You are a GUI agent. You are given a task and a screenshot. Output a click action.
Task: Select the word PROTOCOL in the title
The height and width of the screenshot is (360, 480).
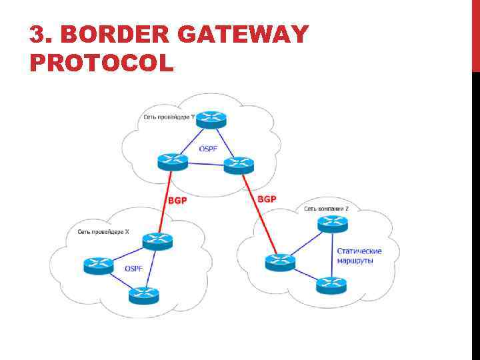point(101,63)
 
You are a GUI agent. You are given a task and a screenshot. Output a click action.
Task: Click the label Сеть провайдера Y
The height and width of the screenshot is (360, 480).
point(170,117)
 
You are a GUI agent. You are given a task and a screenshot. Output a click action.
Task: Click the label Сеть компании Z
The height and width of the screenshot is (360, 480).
point(327,209)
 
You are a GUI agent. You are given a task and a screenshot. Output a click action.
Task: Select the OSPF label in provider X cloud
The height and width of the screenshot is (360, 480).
point(133,268)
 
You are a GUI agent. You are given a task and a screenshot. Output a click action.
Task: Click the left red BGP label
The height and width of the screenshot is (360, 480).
point(177,199)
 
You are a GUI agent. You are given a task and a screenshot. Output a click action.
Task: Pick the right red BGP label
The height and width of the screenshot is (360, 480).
point(267,199)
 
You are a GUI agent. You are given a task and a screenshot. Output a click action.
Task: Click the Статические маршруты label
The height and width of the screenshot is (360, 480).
point(359,255)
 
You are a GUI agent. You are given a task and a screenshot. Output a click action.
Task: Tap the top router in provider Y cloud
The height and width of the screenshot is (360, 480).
point(212,120)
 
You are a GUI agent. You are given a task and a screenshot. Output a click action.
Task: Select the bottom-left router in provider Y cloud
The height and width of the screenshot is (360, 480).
point(173,161)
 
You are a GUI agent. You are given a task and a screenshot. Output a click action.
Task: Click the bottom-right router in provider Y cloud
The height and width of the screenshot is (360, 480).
point(238,164)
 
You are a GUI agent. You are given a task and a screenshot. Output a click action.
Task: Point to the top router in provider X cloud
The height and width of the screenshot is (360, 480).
point(157,240)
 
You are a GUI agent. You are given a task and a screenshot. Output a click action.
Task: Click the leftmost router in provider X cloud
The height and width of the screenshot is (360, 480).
point(99,265)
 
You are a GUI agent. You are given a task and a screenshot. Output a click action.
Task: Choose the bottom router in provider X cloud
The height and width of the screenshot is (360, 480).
point(144,294)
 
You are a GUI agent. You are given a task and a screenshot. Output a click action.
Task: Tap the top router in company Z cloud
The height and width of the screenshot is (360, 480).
point(332,223)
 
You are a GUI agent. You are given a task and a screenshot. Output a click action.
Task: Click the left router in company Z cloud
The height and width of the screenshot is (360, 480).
point(279,261)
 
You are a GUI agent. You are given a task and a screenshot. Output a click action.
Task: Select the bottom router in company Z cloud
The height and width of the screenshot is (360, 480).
point(331,285)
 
